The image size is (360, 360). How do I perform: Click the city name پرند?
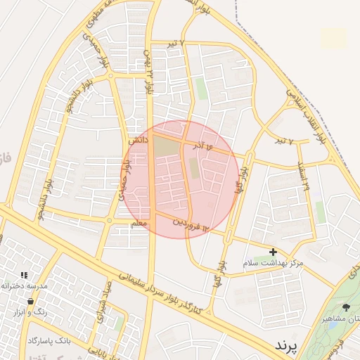coord(286,346)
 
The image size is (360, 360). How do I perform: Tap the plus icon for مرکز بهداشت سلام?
coord(273,252)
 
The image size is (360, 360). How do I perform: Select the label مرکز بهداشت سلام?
coord(272,262)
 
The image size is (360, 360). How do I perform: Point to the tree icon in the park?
coord(346,307)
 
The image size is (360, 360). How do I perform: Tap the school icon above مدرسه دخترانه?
coord(23,275)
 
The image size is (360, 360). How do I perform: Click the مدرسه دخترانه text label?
coord(24,285)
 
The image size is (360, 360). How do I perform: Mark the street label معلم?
coord(139,223)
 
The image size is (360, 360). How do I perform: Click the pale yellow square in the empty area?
coord(334,38)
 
